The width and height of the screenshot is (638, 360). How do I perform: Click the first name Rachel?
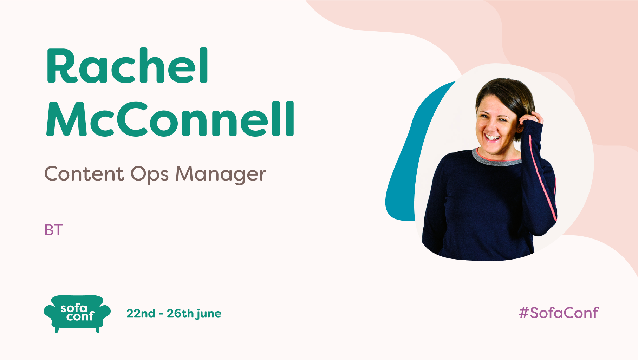tap(128, 66)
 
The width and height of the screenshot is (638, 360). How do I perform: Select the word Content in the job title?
tap(84, 174)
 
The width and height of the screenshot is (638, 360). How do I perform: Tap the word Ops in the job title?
tap(150, 174)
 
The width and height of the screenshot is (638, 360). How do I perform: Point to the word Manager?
tap(221, 174)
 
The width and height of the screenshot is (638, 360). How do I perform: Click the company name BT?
tap(53, 230)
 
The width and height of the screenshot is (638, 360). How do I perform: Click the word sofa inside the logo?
tap(74, 308)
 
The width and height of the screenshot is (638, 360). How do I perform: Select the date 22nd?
tap(141, 313)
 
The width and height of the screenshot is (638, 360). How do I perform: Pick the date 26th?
tap(180, 313)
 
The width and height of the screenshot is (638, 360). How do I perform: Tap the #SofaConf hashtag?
tap(559, 313)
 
